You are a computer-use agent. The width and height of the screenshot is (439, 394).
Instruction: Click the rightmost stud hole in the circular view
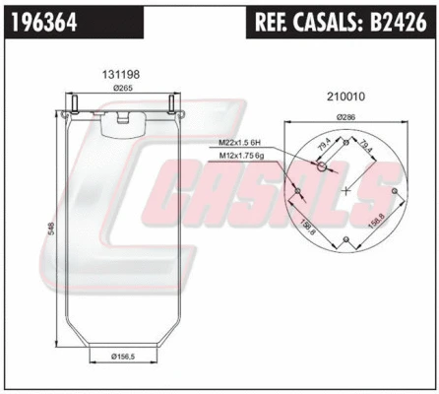pos(394,190)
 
